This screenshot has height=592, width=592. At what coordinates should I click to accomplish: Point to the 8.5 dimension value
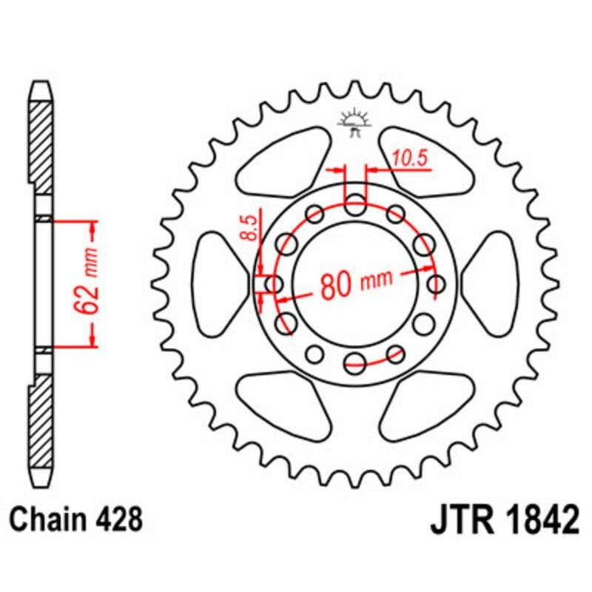tap(249, 226)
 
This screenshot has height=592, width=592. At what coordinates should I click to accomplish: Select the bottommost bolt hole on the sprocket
tap(355, 360)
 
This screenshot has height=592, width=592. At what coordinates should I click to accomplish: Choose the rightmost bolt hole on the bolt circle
tap(437, 283)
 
